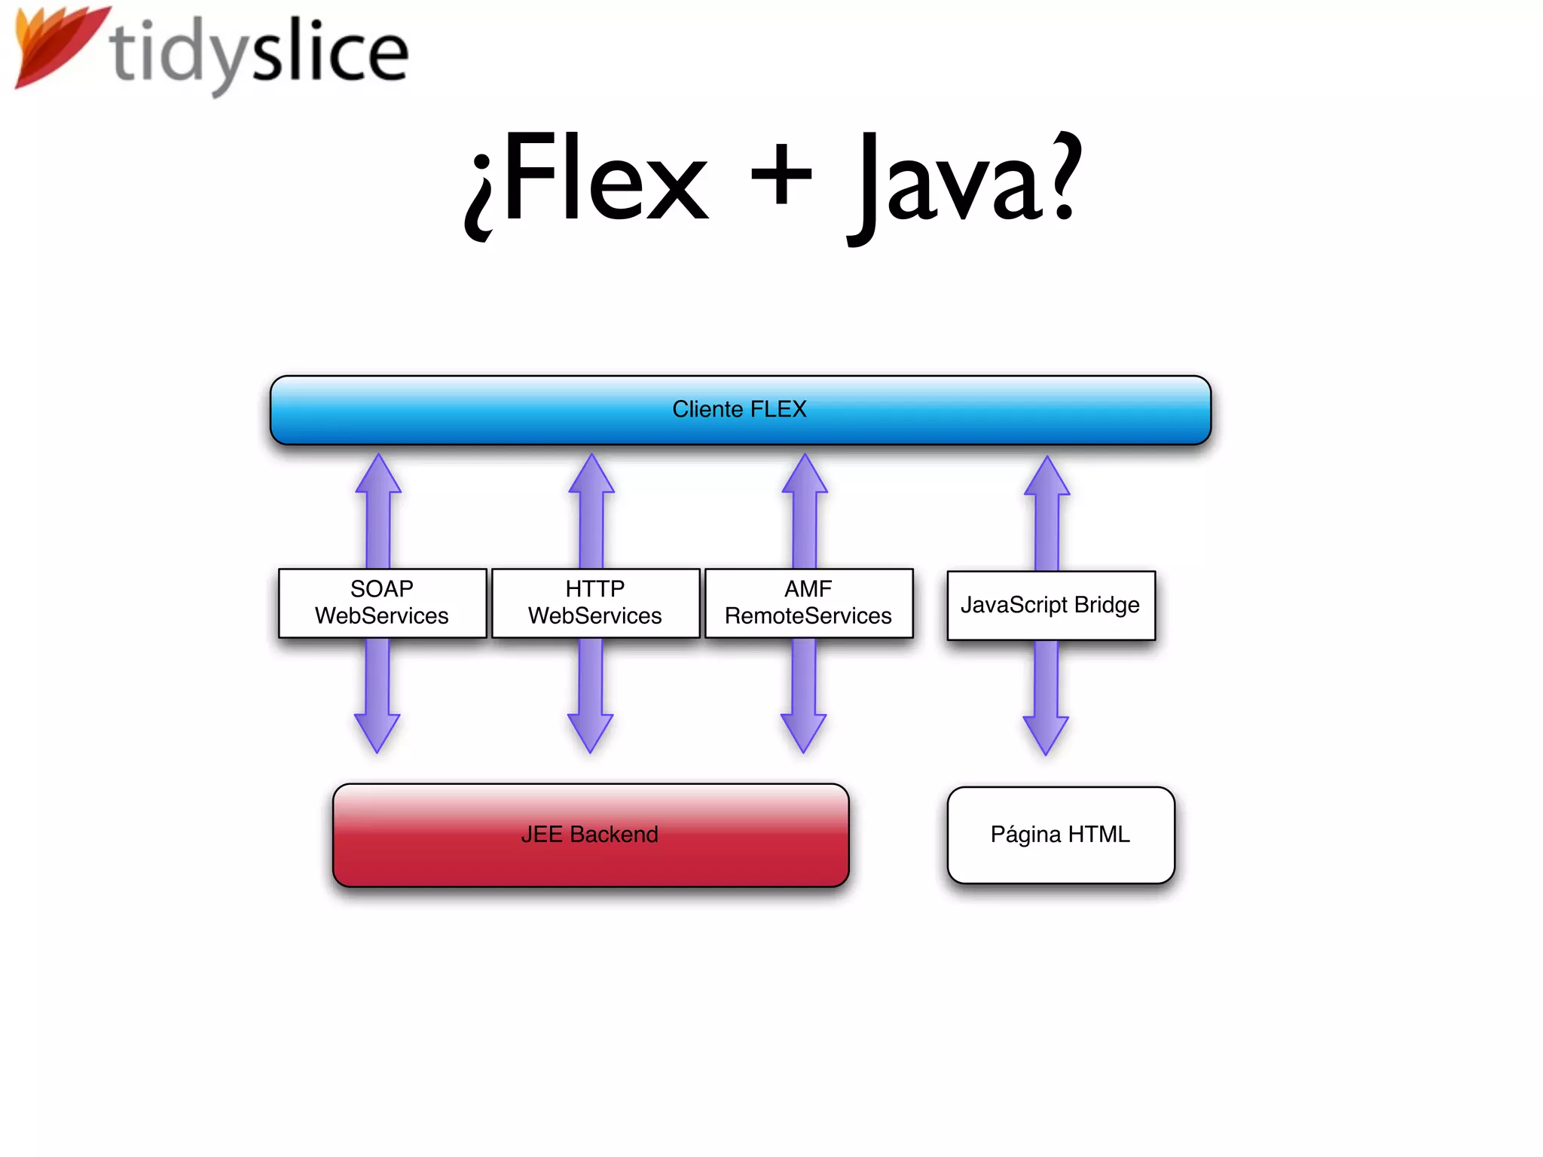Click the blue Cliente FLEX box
pyautogui.click(x=740, y=410)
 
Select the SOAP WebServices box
pyautogui.click(x=382, y=603)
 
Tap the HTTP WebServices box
pyautogui.click(x=595, y=603)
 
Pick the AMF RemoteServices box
pyautogui.click(x=808, y=603)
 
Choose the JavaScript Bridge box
pyautogui.click(x=1050, y=605)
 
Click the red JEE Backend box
pyautogui.click(x=590, y=835)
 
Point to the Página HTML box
pyautogui.click(x=1060, y=835)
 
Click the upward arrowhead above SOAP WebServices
pyautogui.click(x=378, y=476)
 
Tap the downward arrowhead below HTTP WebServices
pyautogui.click(x=590, y=731)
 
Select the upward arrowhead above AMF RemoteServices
pyautogui.click(x=805, y=476)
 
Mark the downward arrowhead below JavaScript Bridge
pyautogui.click(x=1046, y=733)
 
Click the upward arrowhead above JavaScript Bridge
pyautogui.click(x=1047, y=478)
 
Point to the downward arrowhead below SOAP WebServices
pyautogui.click(x=377, y=731)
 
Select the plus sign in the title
pyautogui.click(x=781, y=175)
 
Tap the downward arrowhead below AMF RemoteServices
pyautogui.click(x=803, y=731)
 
